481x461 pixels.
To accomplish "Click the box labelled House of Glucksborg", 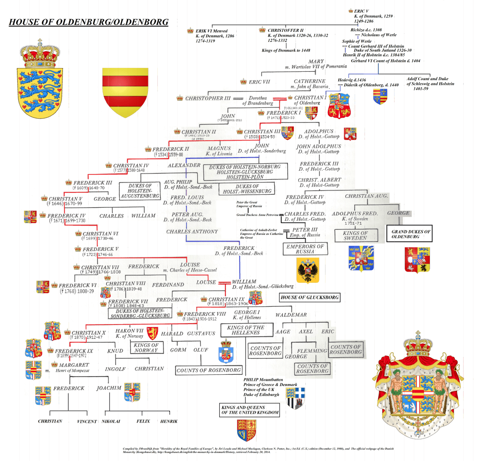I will pyautogui.click(x=309, y=297).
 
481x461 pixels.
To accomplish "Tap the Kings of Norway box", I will pyautogui.click(x=146, y=348).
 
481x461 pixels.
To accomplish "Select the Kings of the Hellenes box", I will pyautogui.click(x=246, y=330).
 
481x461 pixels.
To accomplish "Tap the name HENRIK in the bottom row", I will pyautogui.click(x=169, y=421).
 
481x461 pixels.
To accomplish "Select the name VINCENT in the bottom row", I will pyautogui.click(x=87, y=422).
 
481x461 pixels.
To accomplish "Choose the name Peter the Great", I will pyautogui.click(x=249, y=203).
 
